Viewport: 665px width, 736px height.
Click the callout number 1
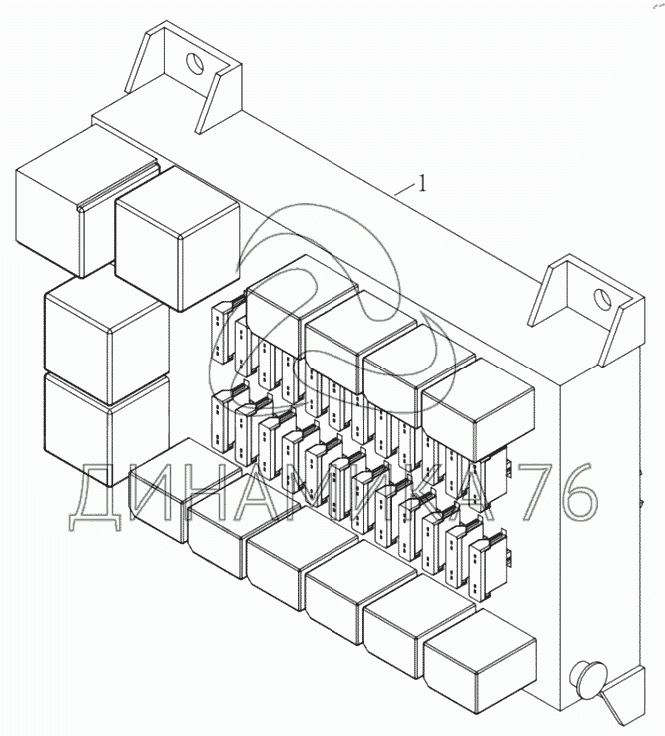coord(422,183)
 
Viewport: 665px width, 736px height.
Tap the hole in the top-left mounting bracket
coord(194,63)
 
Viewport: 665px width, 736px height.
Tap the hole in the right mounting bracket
coord(601,299)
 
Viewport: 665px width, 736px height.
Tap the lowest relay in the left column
coord(106,429)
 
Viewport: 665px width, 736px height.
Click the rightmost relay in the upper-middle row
coord(478,409)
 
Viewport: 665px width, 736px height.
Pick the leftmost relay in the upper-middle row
coord(301,306)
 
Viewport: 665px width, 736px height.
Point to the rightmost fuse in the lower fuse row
coord(489,569)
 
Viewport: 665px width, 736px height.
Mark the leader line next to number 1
coord(406,189)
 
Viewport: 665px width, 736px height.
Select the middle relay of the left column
coord(106,341)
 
